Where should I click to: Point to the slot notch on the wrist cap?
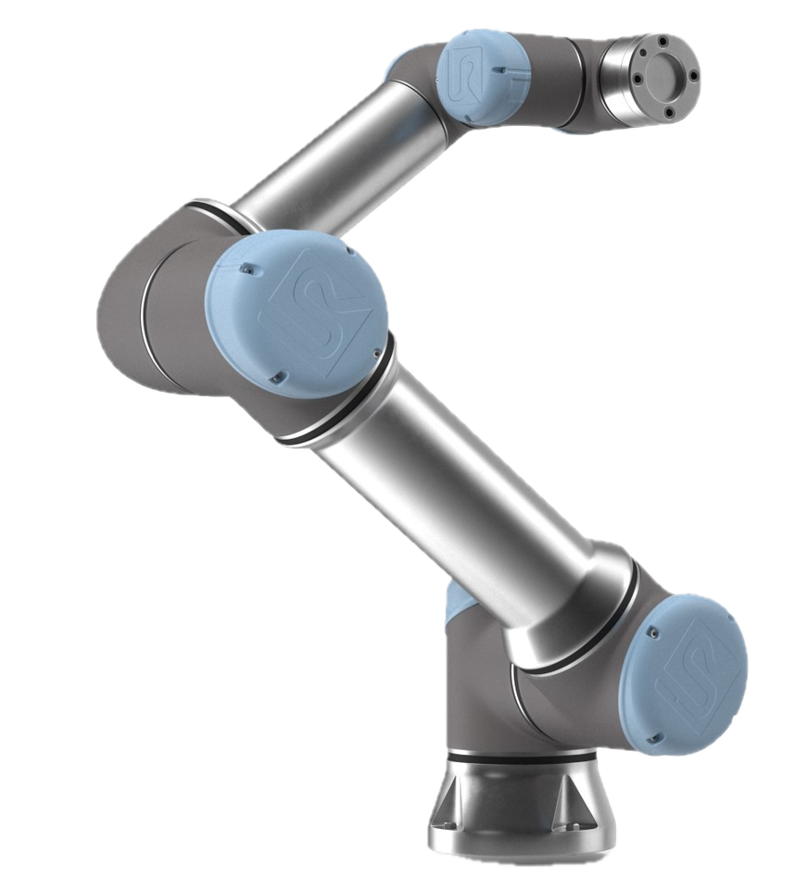501,69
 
